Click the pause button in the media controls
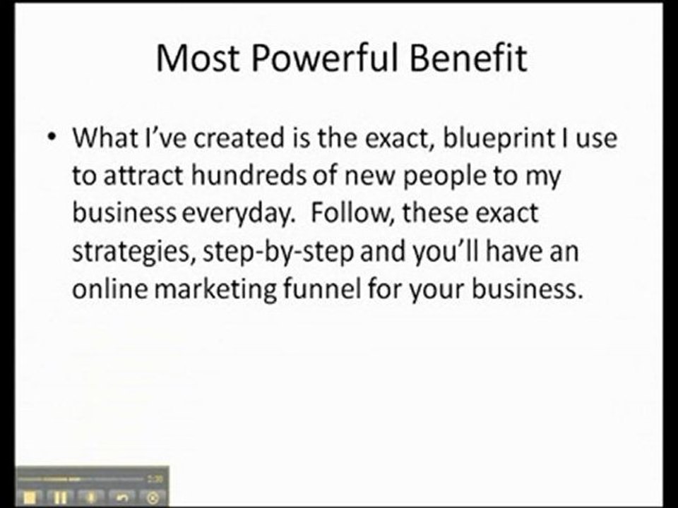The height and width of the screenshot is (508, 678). pos(59,497)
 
